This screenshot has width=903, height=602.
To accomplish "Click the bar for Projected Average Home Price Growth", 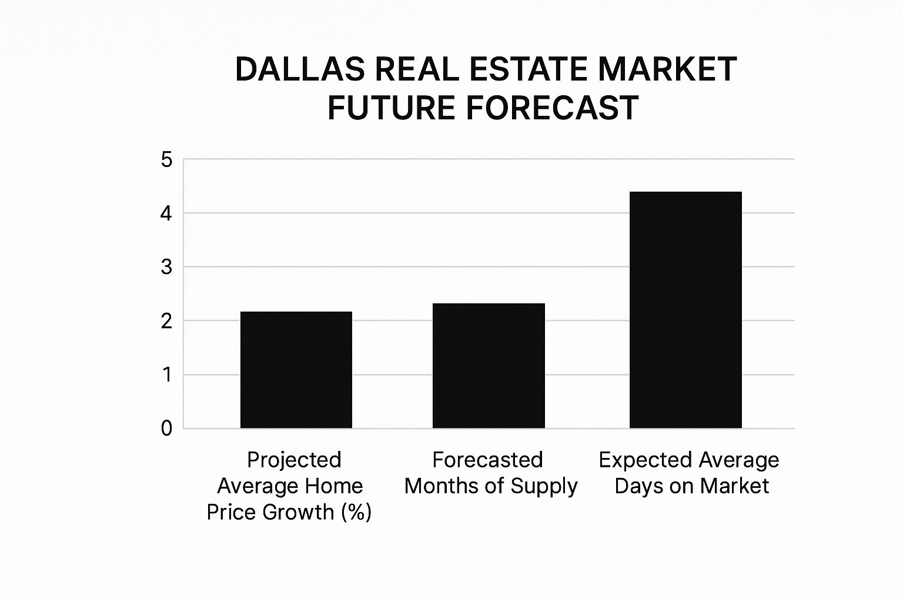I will (296, 370).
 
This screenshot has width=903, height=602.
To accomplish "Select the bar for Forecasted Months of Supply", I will (489, 366).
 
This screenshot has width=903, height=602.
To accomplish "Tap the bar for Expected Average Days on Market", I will (685, 310).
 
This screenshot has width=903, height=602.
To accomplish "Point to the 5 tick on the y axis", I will (167, 160).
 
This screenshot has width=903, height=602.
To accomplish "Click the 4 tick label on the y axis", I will (167, 213).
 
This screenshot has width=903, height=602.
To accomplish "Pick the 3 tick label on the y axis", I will (167, 267).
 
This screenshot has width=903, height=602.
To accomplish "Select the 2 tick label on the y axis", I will (167, 321).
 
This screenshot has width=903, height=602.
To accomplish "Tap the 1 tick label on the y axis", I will (167, 375).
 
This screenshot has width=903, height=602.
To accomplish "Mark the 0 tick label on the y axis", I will (167, 429).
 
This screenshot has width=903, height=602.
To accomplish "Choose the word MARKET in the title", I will (667, 69).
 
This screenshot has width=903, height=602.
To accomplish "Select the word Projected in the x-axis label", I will (294, 460).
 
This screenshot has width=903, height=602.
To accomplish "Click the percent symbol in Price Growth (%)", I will (356, 512).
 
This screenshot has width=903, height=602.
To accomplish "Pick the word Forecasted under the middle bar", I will (487, 460).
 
